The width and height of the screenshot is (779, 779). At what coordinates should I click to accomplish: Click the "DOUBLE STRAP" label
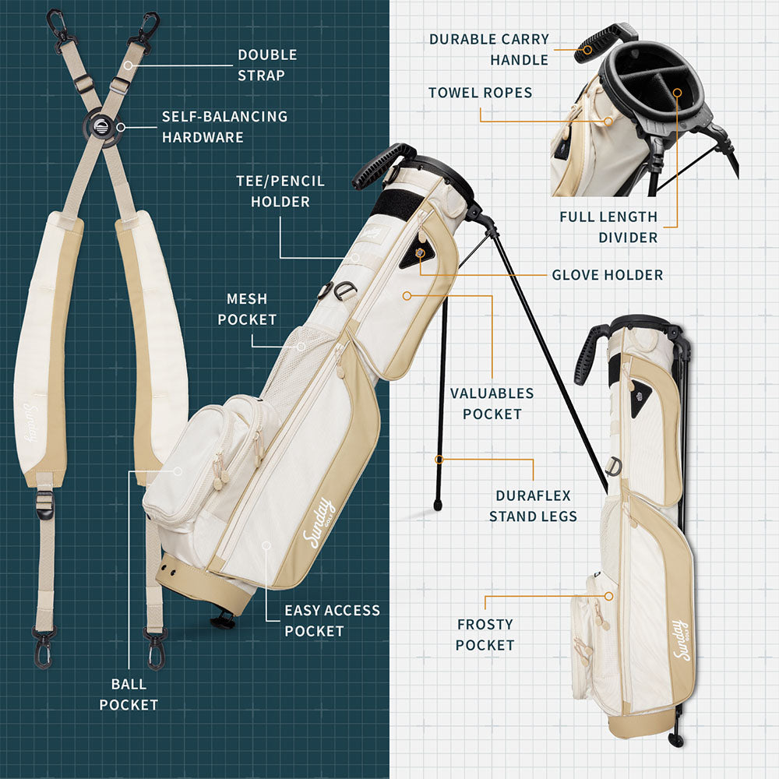click(x=267, y=65)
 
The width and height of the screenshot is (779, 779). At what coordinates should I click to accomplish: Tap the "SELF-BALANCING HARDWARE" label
click(x=224, y=127)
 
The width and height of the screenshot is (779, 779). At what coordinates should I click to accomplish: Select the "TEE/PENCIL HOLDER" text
click(x=280, y=192)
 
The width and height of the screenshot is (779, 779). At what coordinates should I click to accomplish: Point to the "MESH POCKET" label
click(x=247, y=309)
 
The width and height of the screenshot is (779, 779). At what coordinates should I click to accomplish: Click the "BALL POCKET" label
click(x=129, y=695)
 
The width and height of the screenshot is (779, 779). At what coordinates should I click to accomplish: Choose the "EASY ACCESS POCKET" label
click(x=332, y=621)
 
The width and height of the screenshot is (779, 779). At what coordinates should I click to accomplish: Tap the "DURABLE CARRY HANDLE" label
click(x=489, y=49)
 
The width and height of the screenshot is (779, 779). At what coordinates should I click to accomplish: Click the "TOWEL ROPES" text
click(x=481, y=93)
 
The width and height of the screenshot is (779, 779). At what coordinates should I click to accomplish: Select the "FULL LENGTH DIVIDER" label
click(x=608, y=227)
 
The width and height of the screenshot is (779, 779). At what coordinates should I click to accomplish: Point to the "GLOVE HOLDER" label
click(x=608, y=275)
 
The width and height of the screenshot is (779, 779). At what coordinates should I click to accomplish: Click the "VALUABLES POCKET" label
click(x=492, y=404)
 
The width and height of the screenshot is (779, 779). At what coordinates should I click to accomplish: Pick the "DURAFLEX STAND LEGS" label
click(x=533, y=506)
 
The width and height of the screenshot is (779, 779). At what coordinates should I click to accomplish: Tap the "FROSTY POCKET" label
click(x=485, y=634)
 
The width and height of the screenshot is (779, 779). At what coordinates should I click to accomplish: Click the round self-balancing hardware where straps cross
click(x=102, y=127)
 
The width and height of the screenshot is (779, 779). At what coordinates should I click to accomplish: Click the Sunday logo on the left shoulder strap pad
click(x=32, y=422)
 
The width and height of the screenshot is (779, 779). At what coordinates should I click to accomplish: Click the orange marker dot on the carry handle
click(x=587, y=50)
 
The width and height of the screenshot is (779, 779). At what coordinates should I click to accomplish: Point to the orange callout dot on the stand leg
click(x=439, y=460)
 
